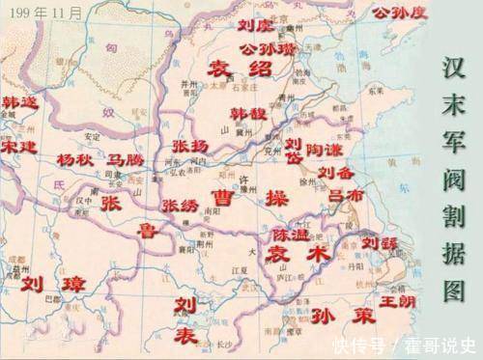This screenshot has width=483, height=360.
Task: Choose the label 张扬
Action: click(190, 147)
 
